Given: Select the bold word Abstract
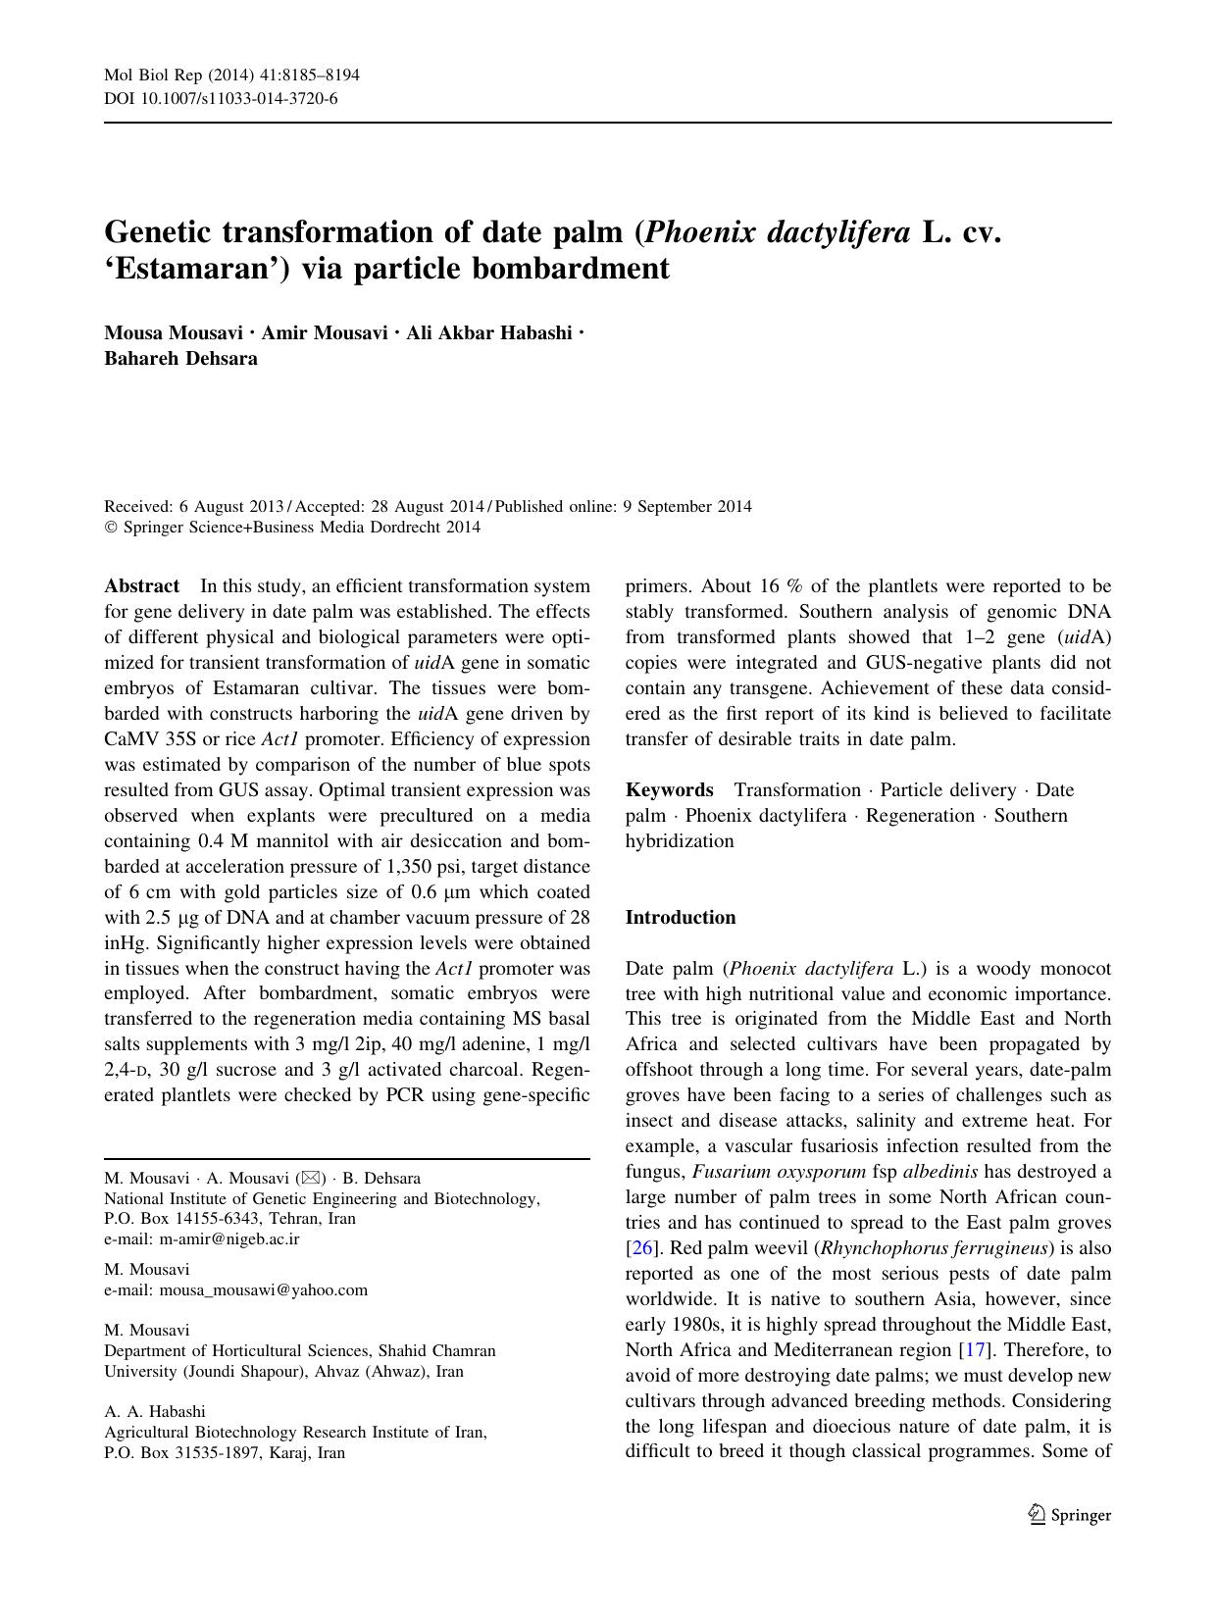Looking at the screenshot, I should (142, 586).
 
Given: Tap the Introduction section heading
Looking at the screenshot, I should (681, 918).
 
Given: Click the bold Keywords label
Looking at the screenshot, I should (670, 790).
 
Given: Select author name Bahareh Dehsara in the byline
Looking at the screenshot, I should (181, 359).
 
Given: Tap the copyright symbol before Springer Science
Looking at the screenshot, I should (110, 528).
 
